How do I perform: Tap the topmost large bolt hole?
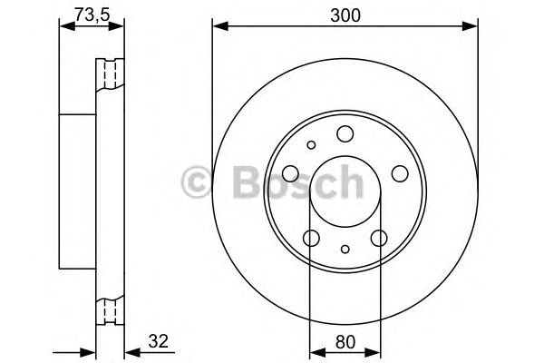(x=345, y=135)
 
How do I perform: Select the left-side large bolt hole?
(x=290, y=175)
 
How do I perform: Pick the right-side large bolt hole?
(x=398, y=175)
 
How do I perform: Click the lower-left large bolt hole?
(x=311, y=238)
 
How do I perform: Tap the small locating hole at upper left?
(x=311, y=144)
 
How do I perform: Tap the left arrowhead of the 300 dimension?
(x=218, y=27)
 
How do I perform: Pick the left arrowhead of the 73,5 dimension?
(x=63, y=27)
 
